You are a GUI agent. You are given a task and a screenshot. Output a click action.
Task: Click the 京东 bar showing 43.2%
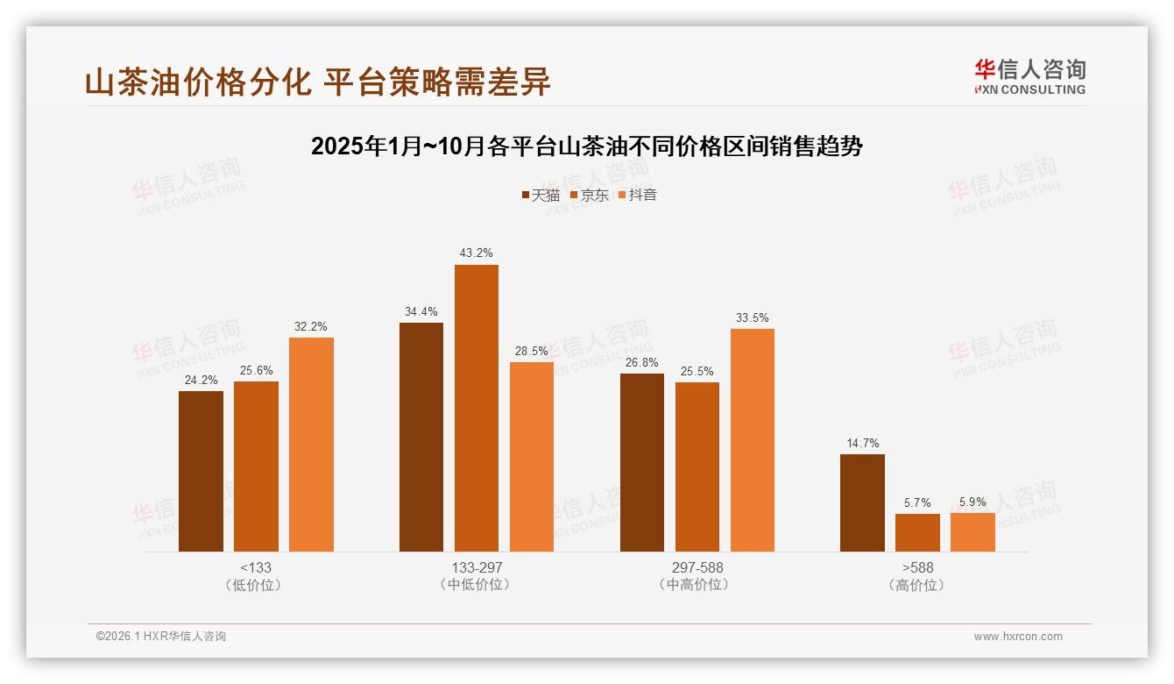(x=476, y=408)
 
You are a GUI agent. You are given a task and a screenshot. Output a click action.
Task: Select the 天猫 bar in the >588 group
(x=862, y=502)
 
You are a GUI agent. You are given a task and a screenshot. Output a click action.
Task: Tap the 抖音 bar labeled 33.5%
(x=752, y=439)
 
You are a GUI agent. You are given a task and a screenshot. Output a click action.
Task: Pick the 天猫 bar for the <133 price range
(x=201, y=471)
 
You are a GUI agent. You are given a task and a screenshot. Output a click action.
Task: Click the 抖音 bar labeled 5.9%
(x=972, y=531)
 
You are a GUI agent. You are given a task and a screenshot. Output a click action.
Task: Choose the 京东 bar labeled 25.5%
(x=697, y=467)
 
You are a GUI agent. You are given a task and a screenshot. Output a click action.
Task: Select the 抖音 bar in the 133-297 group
(x=532, y=456)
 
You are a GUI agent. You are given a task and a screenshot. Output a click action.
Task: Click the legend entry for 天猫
(x=541, y=195)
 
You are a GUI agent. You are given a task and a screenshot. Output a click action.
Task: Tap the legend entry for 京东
(x=589, y=195)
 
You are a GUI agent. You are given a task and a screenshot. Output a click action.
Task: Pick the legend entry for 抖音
(x=637, y=195)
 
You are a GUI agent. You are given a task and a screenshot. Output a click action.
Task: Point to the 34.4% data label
(x=421, y=311)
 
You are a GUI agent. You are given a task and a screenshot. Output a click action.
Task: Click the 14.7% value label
(x=862, y=443)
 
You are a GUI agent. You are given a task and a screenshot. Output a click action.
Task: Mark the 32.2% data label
(x=311, y=326)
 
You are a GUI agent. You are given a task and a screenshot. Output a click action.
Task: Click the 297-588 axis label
(x=697, y=567)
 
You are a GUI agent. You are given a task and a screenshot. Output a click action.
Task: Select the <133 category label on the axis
(x=256, y=567)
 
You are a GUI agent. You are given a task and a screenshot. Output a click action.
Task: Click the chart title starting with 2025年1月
(x=586, y=146)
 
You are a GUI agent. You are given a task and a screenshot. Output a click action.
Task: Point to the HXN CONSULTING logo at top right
(x=1029, y=76)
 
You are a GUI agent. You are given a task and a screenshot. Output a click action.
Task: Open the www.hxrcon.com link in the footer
(x=1018, y=637)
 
